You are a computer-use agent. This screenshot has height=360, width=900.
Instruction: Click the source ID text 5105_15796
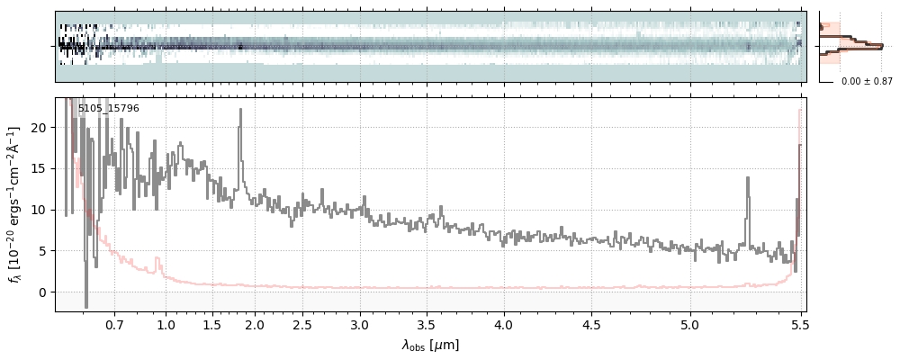click(x=109, y=109)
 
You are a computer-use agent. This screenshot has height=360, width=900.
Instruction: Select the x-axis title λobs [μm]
click(x=430, y=345)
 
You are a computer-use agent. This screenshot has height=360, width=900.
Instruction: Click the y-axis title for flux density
click(x=15, y=205)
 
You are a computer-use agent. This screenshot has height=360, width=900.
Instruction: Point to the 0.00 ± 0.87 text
click(x=867, y=82)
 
